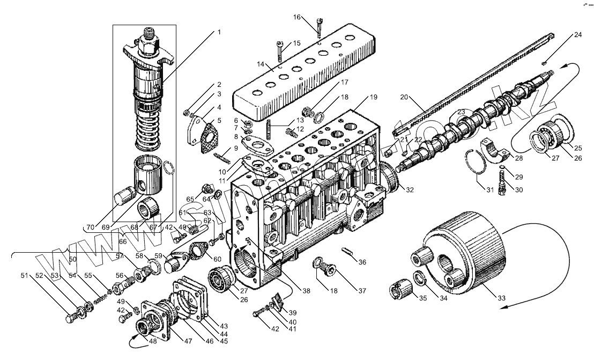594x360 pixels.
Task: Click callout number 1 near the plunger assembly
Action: click(x=218, y=32)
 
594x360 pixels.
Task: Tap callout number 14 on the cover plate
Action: click(x=261, y=64)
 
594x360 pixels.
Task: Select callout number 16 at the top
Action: click(x=296, y=17)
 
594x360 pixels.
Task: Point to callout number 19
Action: click(x=374, y=97)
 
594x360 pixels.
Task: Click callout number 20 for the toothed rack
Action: click(x=404, y=97)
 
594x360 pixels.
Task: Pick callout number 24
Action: click(x=577, y=35)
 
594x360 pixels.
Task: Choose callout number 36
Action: click(x=362, y=262)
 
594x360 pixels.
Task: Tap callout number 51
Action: click(x=24, y=276)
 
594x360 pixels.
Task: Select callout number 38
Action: click(x=306, y=291)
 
